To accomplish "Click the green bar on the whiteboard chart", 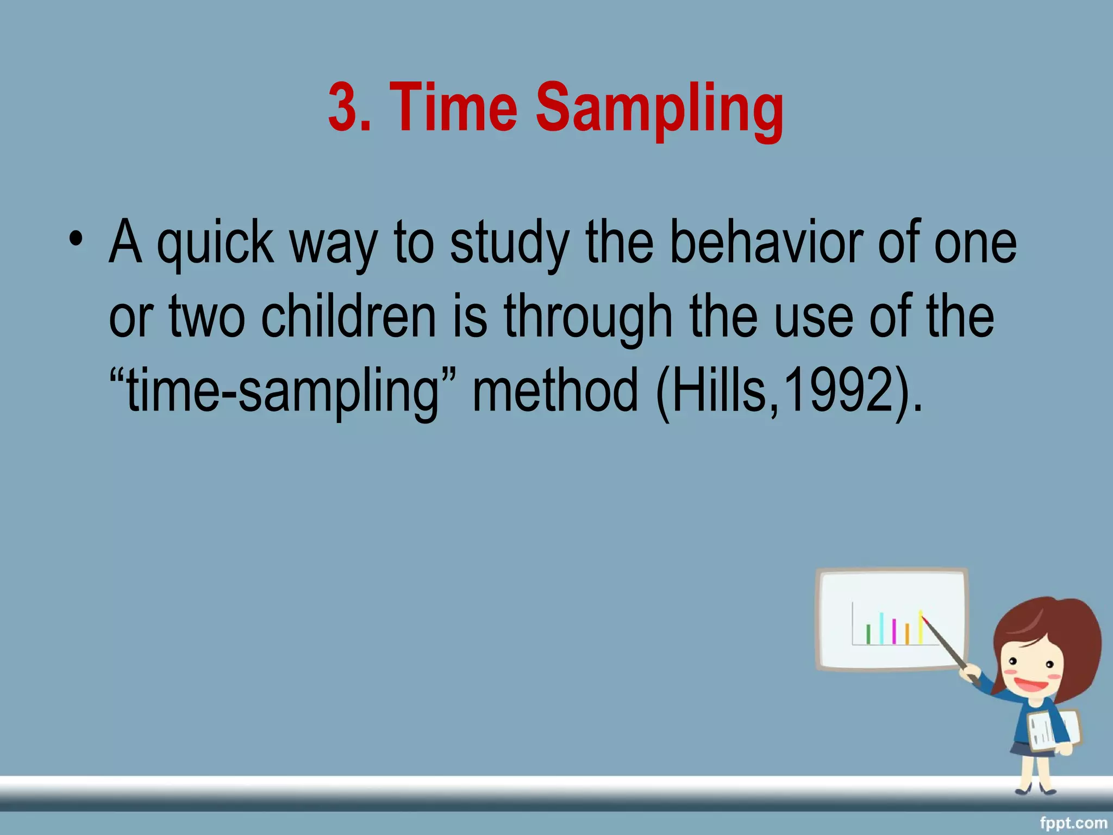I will pyautogui.click(x=868, y=634).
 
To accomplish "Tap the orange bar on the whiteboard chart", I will pyautogui.click(x=907, y=634).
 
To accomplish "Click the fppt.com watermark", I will pyautogui.click(x=1073, y=823).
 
